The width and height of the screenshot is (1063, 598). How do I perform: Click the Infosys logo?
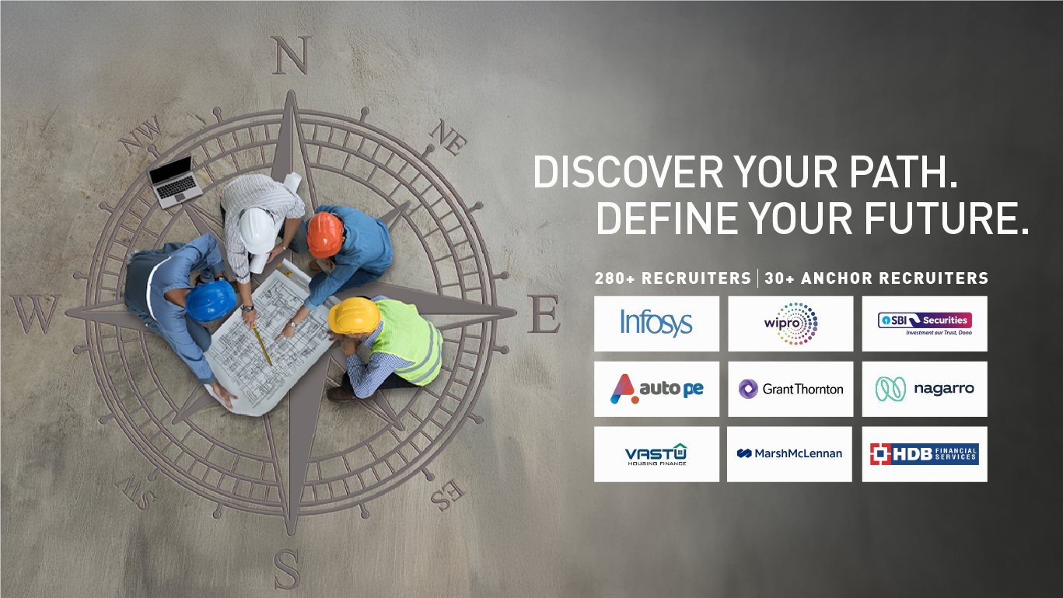[656, 323]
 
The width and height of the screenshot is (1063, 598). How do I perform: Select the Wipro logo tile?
[791, 323]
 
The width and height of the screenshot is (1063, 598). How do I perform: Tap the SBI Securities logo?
[925, 323]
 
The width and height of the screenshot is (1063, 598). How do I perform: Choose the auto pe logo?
[657, 389]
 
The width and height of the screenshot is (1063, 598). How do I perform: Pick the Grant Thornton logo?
[791, 389]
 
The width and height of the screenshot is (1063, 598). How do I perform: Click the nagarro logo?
[925, 389]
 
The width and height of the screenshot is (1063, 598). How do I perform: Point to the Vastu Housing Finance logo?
[657, 454]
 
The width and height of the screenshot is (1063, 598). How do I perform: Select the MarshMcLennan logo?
[789, 453]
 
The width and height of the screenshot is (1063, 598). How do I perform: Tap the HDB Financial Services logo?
[925, 453]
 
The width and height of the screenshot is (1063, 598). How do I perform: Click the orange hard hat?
[325, 234]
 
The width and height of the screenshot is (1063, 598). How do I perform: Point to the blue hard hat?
[210, 300]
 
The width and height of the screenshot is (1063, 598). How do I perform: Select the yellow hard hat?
[354, 315]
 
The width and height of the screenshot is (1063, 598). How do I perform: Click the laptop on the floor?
[175, 182]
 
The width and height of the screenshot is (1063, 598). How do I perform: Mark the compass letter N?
[292, 55]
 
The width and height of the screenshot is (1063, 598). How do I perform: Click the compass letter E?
[544, 313]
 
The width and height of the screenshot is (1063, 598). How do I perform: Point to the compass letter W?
[35, 313]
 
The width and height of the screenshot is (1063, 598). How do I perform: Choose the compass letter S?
[287, 569]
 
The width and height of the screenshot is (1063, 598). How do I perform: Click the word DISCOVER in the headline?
[628, 172]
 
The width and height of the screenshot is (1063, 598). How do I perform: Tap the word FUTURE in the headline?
[946, 218]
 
